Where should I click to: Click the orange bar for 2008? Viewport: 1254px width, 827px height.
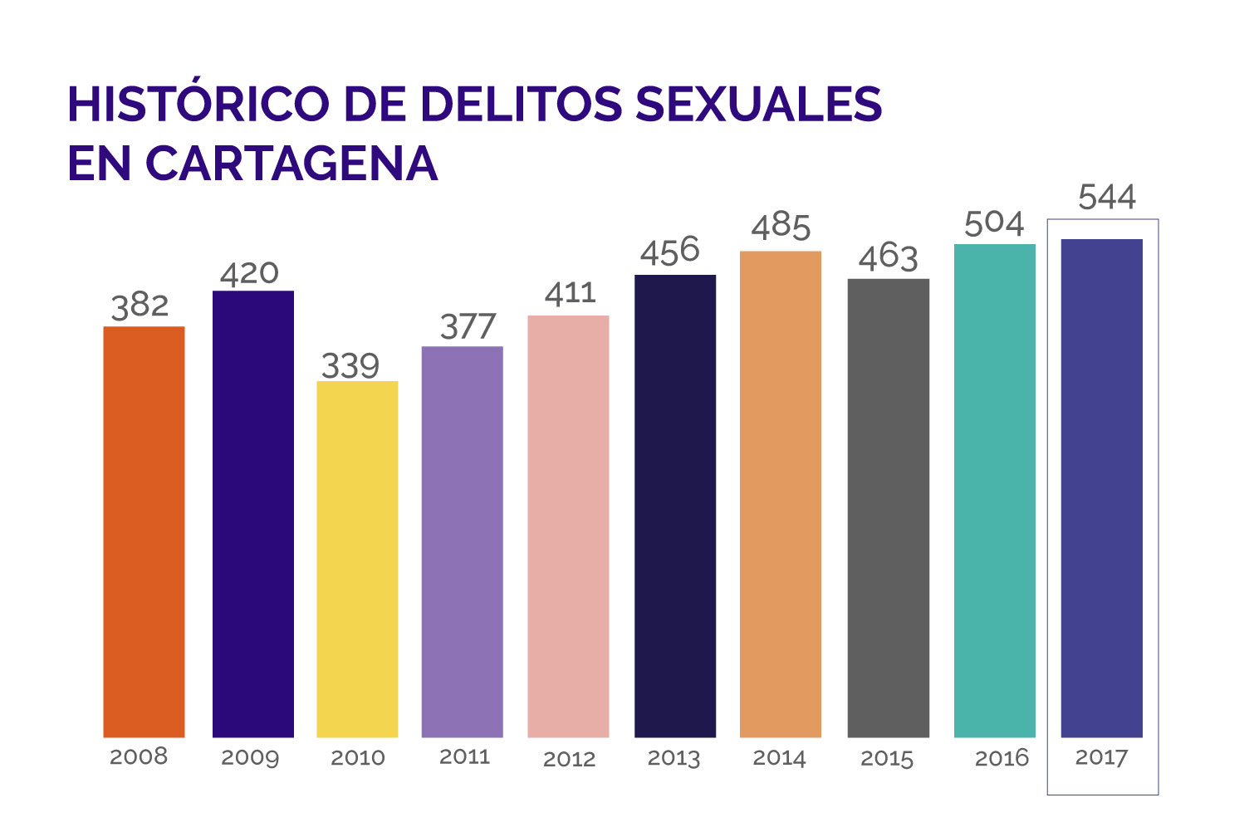tap(144, 531)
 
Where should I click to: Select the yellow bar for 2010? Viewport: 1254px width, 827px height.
tap(357, 559)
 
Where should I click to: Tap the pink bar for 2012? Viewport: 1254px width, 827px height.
tap(568, 526)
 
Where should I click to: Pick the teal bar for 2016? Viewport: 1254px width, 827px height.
tap(994, 491)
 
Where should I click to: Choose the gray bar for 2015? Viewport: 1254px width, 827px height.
tap(888, 508)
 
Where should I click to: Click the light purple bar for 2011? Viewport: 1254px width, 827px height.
tap(462, 541)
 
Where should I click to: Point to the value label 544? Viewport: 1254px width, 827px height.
tap(1106, 198)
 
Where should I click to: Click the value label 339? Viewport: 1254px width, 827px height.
tap(350, 366)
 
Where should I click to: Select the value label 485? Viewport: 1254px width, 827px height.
tap(781, 227)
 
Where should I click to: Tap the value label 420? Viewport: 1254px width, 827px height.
tap(249, 273)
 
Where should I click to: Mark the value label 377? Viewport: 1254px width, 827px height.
tap(468, 327)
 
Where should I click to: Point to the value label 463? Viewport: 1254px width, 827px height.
tap(888, 257)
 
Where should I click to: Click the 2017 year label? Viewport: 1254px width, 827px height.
tap(1101, 757)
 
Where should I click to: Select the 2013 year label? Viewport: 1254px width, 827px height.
tap(674, 758)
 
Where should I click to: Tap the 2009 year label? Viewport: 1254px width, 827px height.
tap(249, 757)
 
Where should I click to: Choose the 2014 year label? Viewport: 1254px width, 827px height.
tap(779, 757)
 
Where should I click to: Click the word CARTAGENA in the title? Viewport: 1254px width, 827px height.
tap(291, 164)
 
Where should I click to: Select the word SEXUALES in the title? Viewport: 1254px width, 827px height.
tap(757, 105)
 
